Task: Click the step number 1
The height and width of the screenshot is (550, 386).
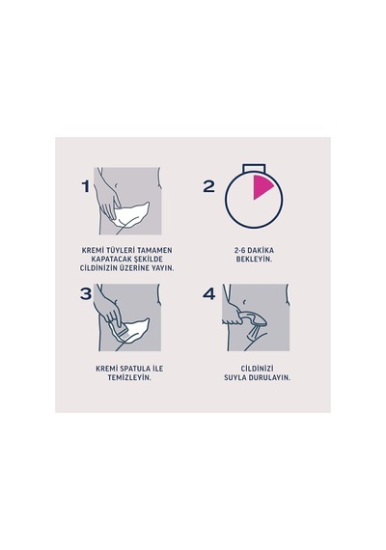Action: [86, 186]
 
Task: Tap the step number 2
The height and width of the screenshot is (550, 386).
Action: [208, 186]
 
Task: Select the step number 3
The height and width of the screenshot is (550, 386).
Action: [86, 293]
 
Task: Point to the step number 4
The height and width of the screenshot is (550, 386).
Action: [208, 293]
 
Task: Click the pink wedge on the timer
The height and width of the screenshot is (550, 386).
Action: [262, 186]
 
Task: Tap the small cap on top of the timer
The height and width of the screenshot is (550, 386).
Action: [255, 168]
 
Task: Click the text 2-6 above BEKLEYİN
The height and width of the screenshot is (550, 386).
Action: [239, 251]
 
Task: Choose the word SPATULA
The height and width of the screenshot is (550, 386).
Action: [135, 369]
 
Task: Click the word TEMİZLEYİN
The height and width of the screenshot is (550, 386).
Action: [129, 378]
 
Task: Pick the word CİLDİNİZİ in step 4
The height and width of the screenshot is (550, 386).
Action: [258, 369]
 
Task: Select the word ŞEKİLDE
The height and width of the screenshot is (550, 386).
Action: [149, 260]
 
